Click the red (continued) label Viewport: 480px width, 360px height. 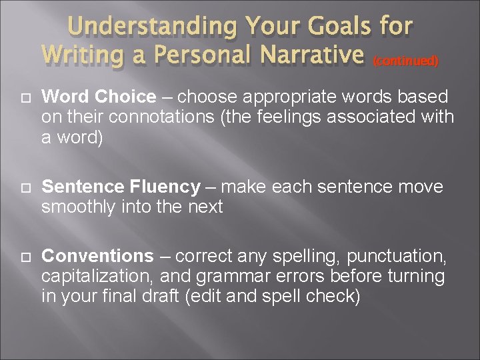point(405,61)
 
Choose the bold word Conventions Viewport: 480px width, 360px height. point(97,256)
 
